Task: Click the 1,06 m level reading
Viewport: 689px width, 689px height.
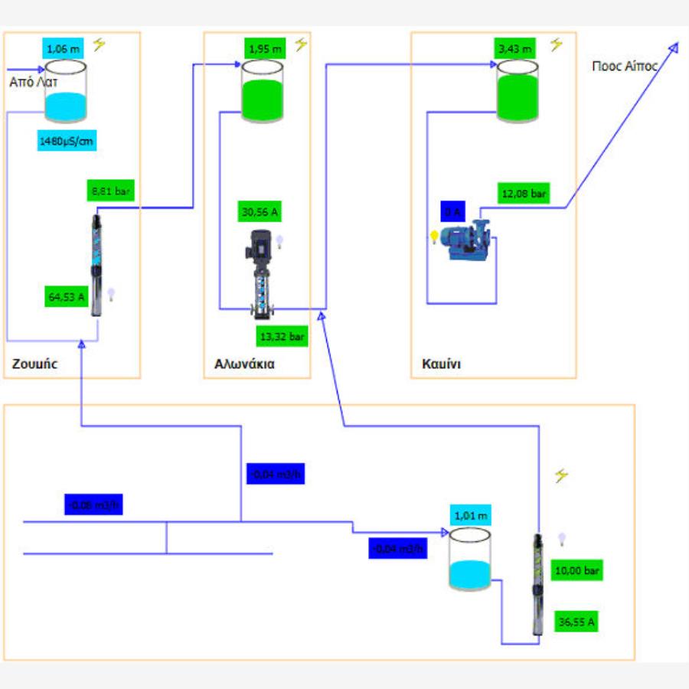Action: point(63,49)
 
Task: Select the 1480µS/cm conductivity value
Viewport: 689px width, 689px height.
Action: point(67,141)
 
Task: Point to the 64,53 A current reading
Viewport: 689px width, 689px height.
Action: point(67,296)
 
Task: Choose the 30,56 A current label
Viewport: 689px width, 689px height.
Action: point(259,212)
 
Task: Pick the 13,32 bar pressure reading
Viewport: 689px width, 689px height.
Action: point(282,335)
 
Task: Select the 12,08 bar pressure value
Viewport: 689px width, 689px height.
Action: point(524,194)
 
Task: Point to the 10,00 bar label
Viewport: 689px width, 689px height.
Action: point(577,570)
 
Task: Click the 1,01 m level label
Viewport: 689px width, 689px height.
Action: point(470,515)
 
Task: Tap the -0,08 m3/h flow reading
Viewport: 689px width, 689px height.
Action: point(93,505)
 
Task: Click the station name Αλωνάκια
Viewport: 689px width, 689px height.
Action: point(244,364)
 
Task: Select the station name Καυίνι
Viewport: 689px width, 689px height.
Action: point(441,364)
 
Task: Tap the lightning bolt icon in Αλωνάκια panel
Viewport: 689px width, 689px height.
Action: point(301,45)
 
